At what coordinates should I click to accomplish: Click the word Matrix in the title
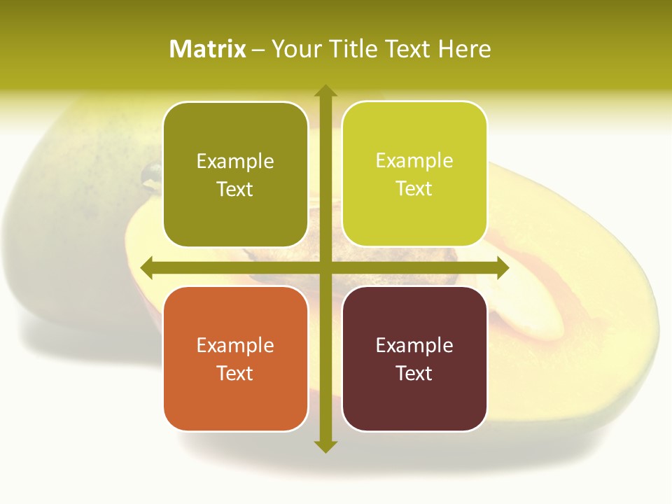coord(208,49)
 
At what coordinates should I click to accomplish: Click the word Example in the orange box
coord(235,345)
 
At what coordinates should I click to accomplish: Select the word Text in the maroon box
coord(414,373)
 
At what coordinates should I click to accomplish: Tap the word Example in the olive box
coord(235,161)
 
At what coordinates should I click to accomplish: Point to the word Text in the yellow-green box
coord(414,188)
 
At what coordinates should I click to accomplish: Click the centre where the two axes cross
coord(325,268)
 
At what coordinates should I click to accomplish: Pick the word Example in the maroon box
coord(414,345)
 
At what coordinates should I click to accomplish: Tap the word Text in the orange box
coord(235,373)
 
